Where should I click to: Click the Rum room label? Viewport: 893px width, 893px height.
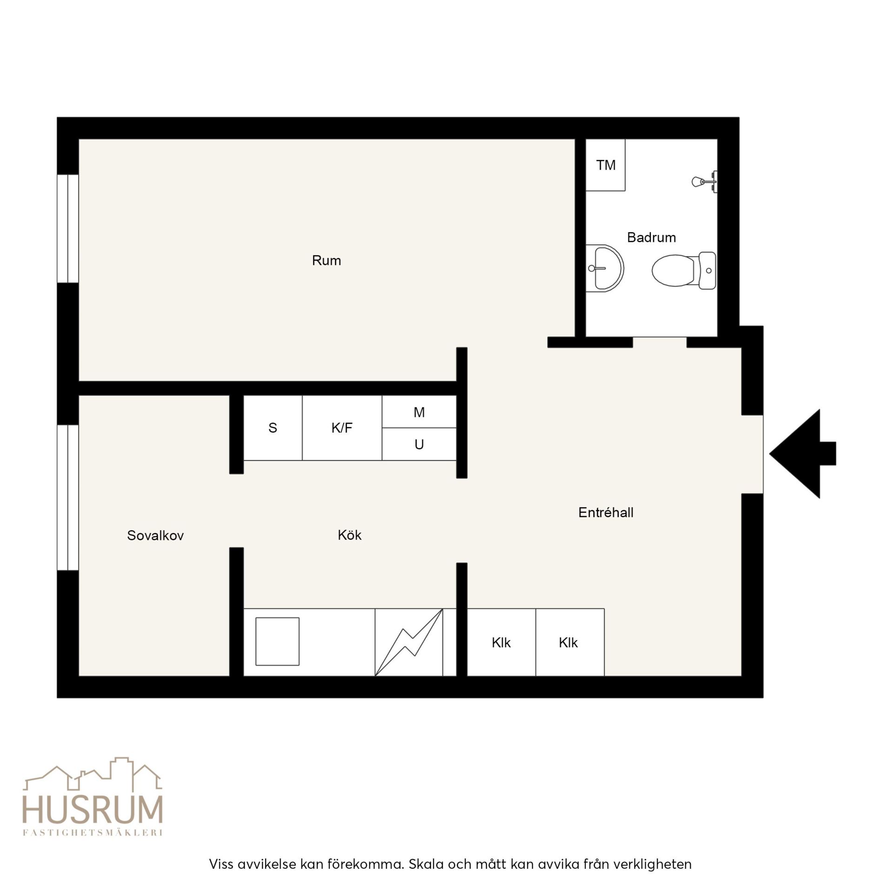(326, 260)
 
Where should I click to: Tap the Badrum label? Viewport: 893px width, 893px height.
(651, 238)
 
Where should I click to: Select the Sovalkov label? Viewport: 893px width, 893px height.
(155, 535)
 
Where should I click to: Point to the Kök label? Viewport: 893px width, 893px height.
(349, 535)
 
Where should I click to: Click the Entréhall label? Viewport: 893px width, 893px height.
(606, 513)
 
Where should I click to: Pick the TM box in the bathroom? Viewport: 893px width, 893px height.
(605, 165)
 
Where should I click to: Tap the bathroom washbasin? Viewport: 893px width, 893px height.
(604, 268)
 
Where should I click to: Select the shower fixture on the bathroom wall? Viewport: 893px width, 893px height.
(704, 181)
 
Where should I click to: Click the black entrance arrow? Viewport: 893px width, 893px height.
(802, 453)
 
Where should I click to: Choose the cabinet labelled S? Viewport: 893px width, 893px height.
(273, 428)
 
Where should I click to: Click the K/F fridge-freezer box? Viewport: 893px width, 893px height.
(342, 428)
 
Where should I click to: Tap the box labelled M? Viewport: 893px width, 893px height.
(419, 412)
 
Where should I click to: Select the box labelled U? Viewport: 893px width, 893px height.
(419, 444)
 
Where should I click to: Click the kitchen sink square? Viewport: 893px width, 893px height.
(277, 641)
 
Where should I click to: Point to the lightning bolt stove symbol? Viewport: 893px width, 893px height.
(409, 642)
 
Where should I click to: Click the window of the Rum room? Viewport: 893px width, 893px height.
(68, 228)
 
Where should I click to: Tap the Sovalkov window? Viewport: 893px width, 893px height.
(68, 497)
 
